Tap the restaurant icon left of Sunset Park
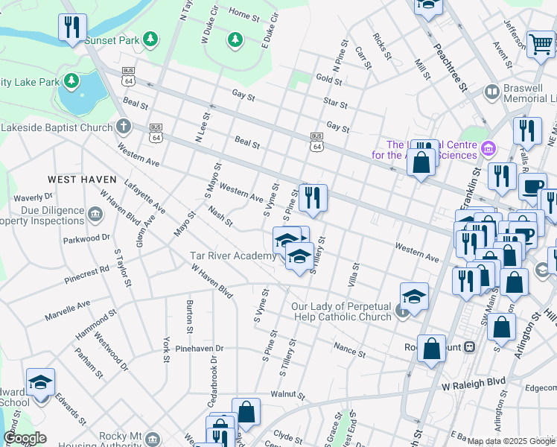click(72, 28)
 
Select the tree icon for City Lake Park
click(72, 80)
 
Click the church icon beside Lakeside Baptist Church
click(123, 127)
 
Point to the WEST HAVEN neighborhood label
click(82, 180)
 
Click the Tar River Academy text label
click(232, 256)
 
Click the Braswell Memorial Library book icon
click(491, 92)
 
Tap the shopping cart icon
click(540, 44)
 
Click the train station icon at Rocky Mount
click(470, 346)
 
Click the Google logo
click(24, 438)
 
